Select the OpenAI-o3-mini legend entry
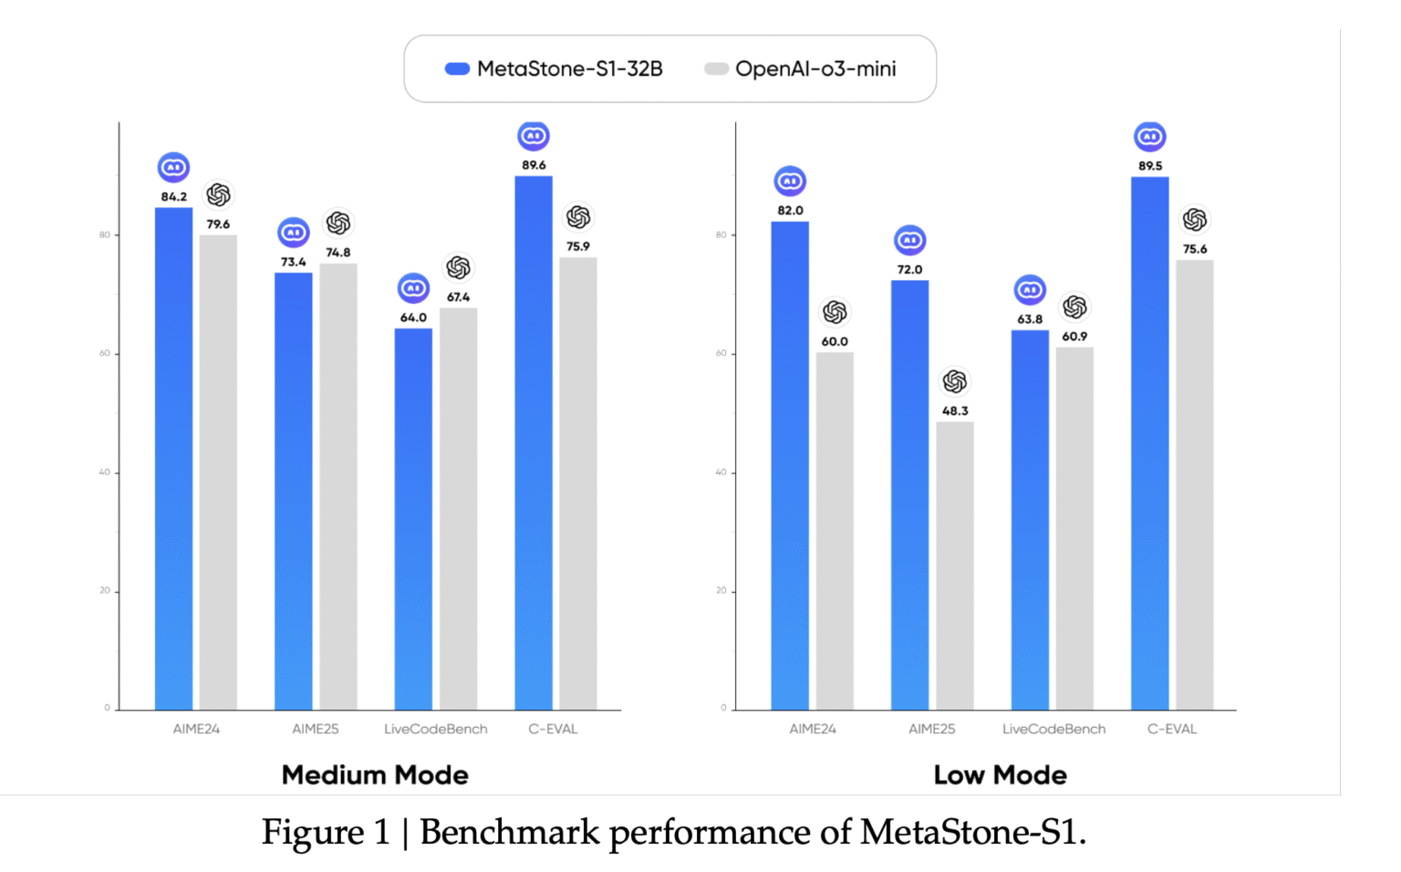(x=801, y=69)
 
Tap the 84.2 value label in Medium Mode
(x=173, y=197)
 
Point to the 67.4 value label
(x=458, y=297)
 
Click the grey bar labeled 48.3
(x=955, y=566)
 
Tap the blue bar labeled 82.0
(x=790, y=465)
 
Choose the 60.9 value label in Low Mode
(x=1074, y=337)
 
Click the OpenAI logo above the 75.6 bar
(x=1195, y=220)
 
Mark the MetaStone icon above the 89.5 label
(x=1150, y=137)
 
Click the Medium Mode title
(x=375, y=775)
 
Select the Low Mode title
(x=1000, y=775)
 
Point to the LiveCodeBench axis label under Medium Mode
(x=435, y=729)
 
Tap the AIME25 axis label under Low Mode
(x=931, y=729)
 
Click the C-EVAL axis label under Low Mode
(x=1172, y=729)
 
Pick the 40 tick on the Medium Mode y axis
(x=105, y=472)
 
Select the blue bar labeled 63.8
(x=1030, y=520)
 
